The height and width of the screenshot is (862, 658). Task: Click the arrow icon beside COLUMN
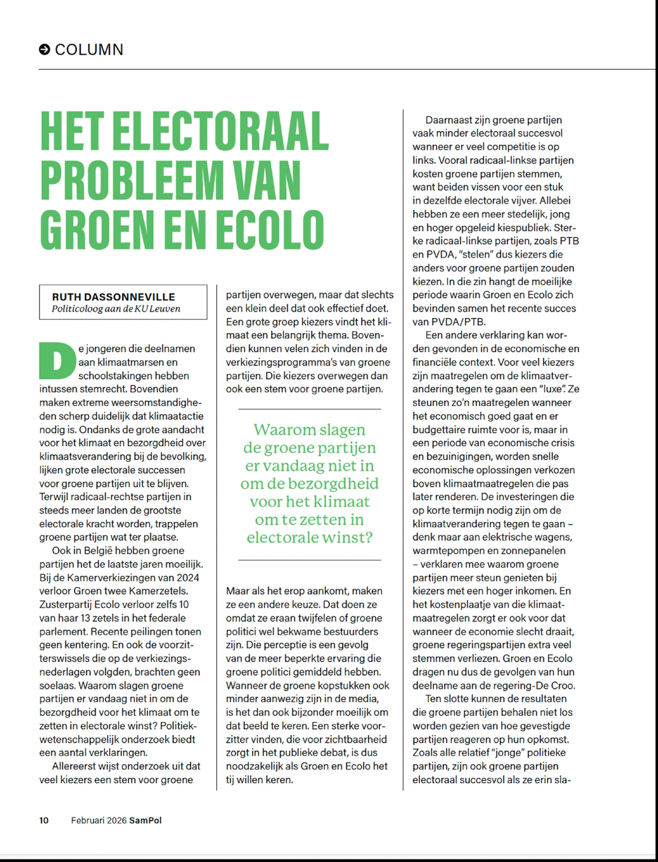pyautogui.click(x=44, y=50)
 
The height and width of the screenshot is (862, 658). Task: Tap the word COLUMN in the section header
pyautogui.click(x=89, y=50)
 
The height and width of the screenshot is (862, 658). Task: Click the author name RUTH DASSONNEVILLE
pyautogui.click(x=113, y=297)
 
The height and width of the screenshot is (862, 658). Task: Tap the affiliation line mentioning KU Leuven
pyautogui.click(x=116, y=309)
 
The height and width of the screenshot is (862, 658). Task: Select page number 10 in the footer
pyautogui.click(x=44, y=820)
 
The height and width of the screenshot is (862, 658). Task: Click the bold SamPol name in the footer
pyautogui.click(x=145, y=820)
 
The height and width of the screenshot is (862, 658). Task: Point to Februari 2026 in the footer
pyautogui.click(x=99, y=820)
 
